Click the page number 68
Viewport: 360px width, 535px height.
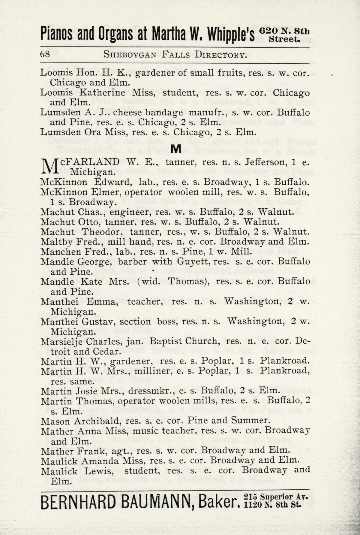45,54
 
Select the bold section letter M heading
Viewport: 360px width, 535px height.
176,148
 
